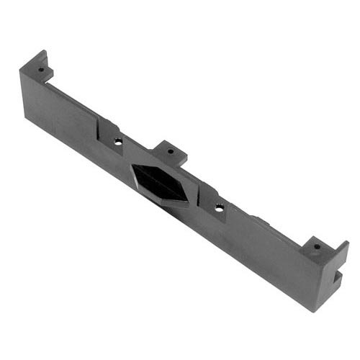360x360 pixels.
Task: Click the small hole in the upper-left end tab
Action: click(41, 70)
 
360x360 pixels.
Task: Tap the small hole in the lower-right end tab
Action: click(316, 247)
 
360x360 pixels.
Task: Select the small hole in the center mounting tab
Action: click(171, 152)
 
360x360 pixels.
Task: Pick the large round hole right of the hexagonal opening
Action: click(220, 207)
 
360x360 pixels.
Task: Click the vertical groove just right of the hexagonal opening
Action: click(202, 209)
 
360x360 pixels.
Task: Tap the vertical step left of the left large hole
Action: click(99, 133)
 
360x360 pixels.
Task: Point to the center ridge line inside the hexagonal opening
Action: click(161, 184)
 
